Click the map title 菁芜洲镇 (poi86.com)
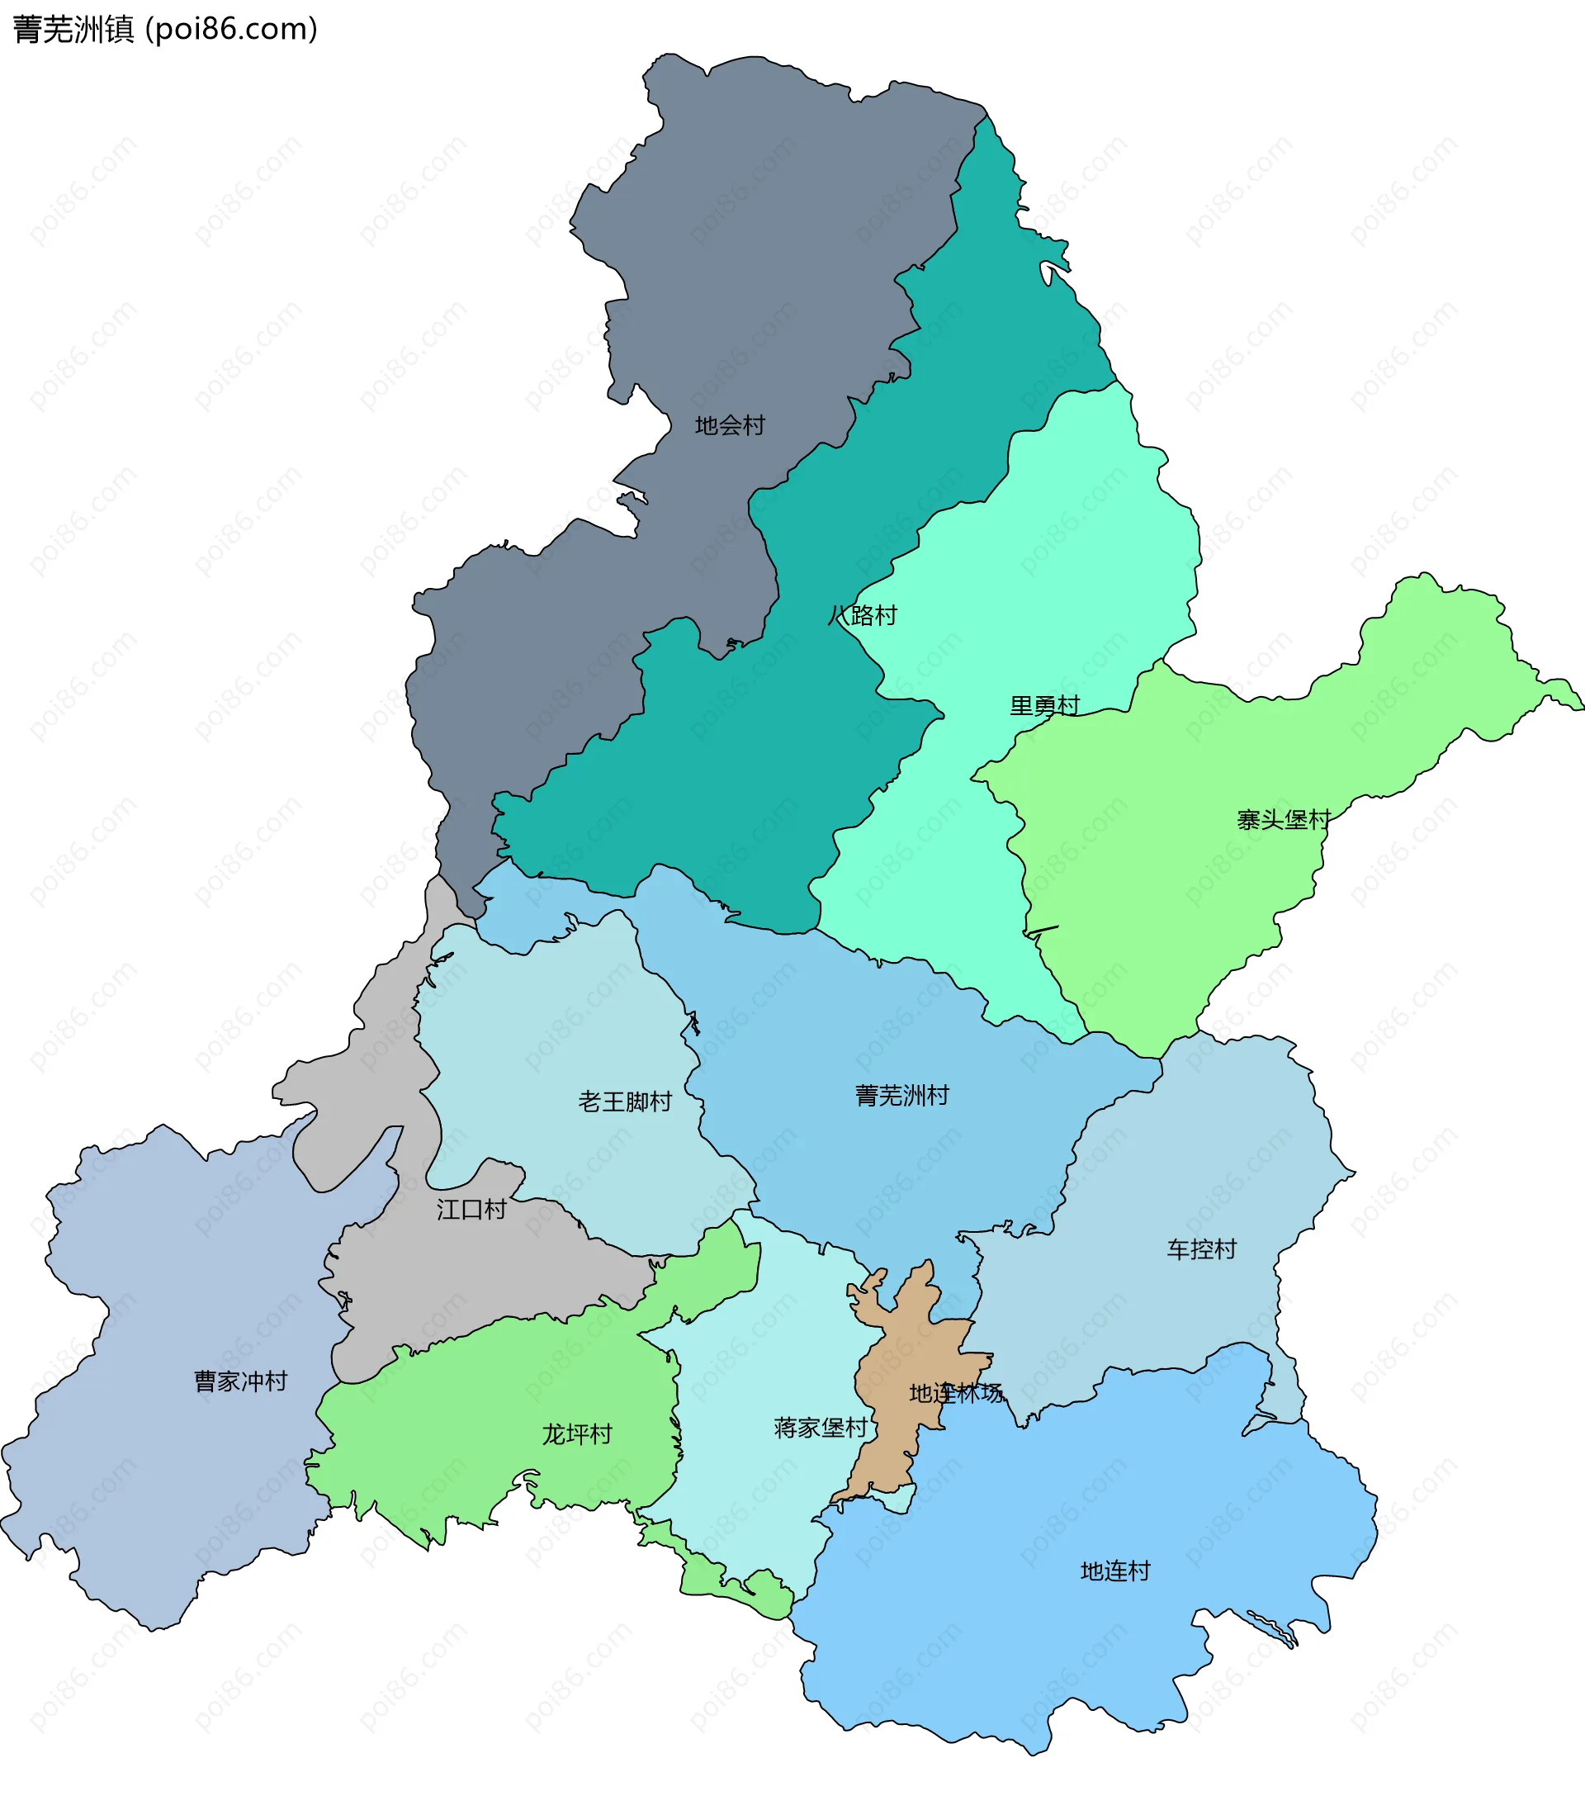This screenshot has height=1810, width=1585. point(165,29)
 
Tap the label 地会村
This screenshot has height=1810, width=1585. point(729,425)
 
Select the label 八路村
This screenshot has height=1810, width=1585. point(863,615)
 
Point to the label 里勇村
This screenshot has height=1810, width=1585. point(1044,705)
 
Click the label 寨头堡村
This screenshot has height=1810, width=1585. point(1284,819)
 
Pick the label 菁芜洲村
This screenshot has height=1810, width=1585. point(901,1095)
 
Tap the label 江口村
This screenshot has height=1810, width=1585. point(471,1210)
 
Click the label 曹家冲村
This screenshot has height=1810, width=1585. point(240,1381)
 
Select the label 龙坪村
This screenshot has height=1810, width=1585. point(577,1434)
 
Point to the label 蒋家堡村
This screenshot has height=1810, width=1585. point(820,1428)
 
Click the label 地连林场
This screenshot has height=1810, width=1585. point(956,1393)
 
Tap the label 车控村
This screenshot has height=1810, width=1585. point(1201,1249)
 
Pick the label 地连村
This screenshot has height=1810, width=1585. point(1115,1571)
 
